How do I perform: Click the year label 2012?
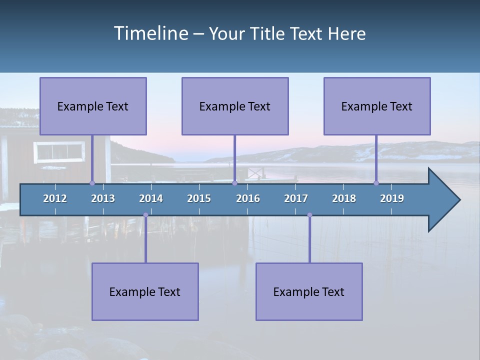tap(55, 198)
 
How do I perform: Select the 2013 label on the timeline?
tap(103, 198)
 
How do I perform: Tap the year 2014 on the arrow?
tap(151, 198)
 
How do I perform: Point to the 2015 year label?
tap(199, 198)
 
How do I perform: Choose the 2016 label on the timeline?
tap(248, 198)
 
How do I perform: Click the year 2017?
tap(296, 198)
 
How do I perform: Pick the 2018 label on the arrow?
tap(344, 198)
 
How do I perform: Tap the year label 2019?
tap(392, 198)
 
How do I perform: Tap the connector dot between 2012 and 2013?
tap(92, 183)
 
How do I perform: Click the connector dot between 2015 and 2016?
tap(234, 183)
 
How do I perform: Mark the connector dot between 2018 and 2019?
tap(376, 183)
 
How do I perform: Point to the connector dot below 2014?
tap(145, 215)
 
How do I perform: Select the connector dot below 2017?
tap(309, 215)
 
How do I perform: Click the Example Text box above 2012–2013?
tap(93, 106)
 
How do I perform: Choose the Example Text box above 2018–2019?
tap(377, 106)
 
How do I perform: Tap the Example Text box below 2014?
tap(145, 291)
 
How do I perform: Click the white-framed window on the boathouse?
tap(59, 152)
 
